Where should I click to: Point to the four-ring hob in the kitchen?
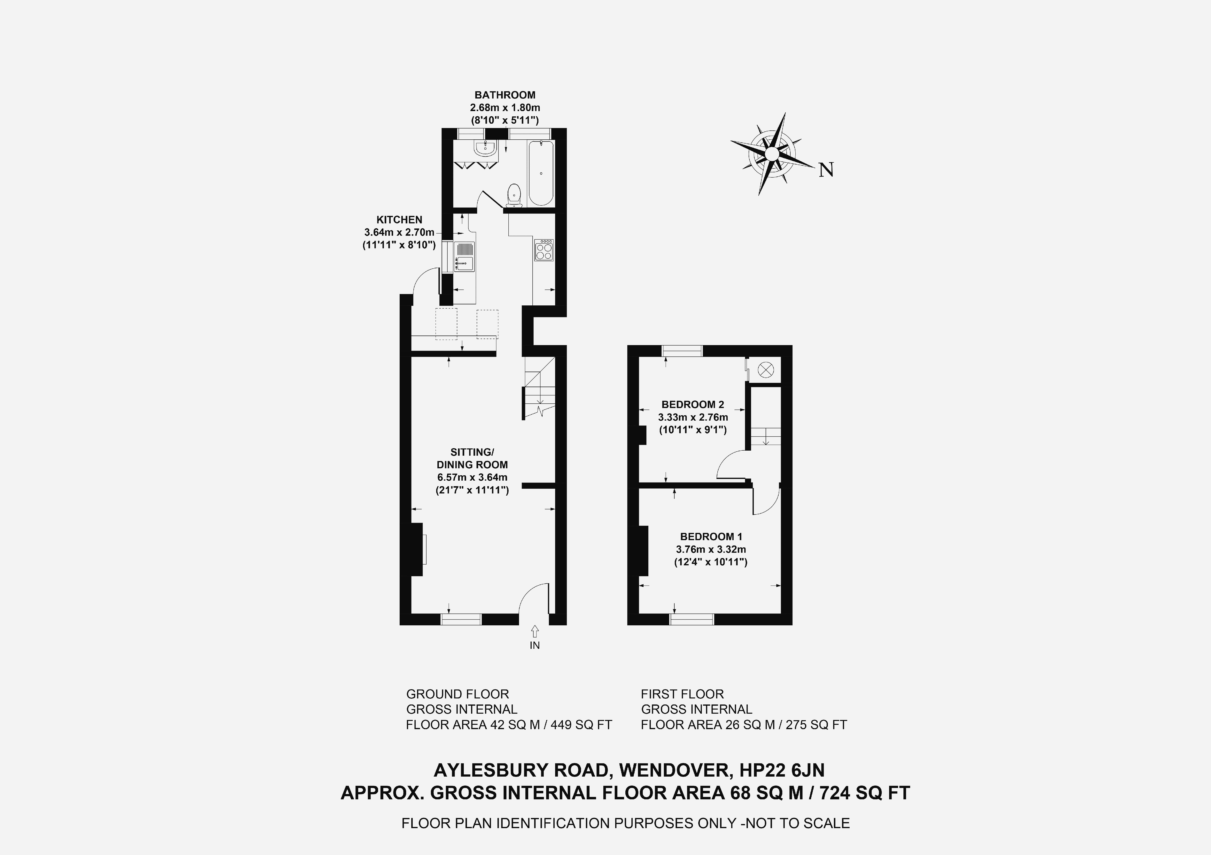tap(544, 250)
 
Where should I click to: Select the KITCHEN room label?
tap(399, 220)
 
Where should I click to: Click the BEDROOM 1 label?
tap(711, 537)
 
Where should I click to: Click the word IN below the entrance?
tap(535, 645)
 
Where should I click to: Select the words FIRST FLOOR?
tap(682, 694)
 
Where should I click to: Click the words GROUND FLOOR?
tap(457, 694)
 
